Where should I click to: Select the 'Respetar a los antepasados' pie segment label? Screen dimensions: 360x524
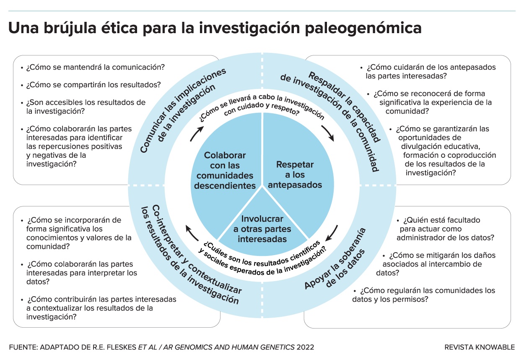pyautogui.click(x=295, y=175)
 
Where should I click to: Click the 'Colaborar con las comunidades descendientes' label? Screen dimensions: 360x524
pyautogui.click(x=225, y=170)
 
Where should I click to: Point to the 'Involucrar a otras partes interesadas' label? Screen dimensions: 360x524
pyautogui.click(x=262, y=229)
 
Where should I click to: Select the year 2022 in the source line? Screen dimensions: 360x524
pyautogui.click(x=305, y=347)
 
